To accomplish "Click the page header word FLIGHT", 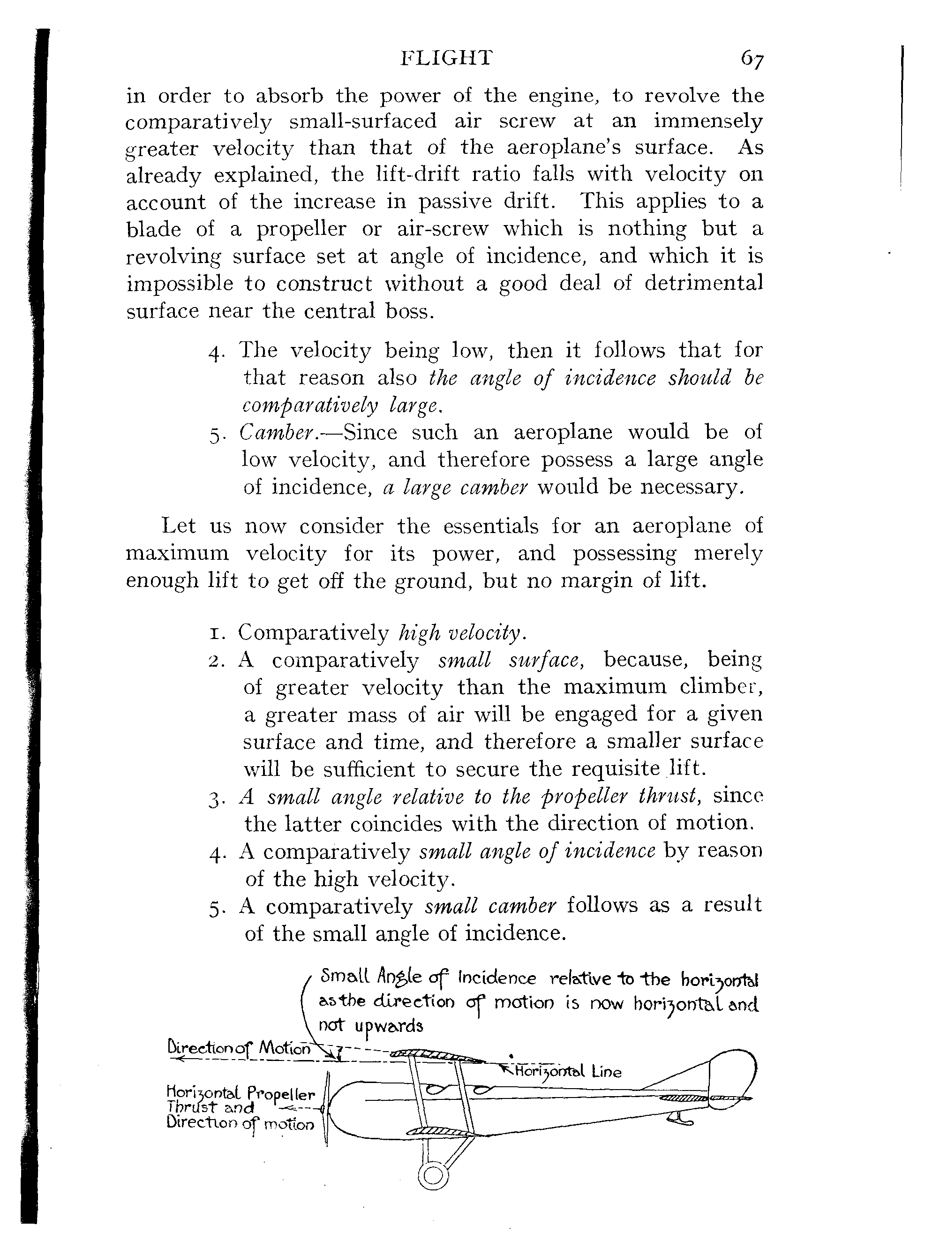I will pyautogui.click(x=447, y=58).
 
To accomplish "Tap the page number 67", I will pyautogui.click(x=752, y=60).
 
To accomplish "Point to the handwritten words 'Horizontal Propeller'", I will pyautogui.click(x=241, y=1092).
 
